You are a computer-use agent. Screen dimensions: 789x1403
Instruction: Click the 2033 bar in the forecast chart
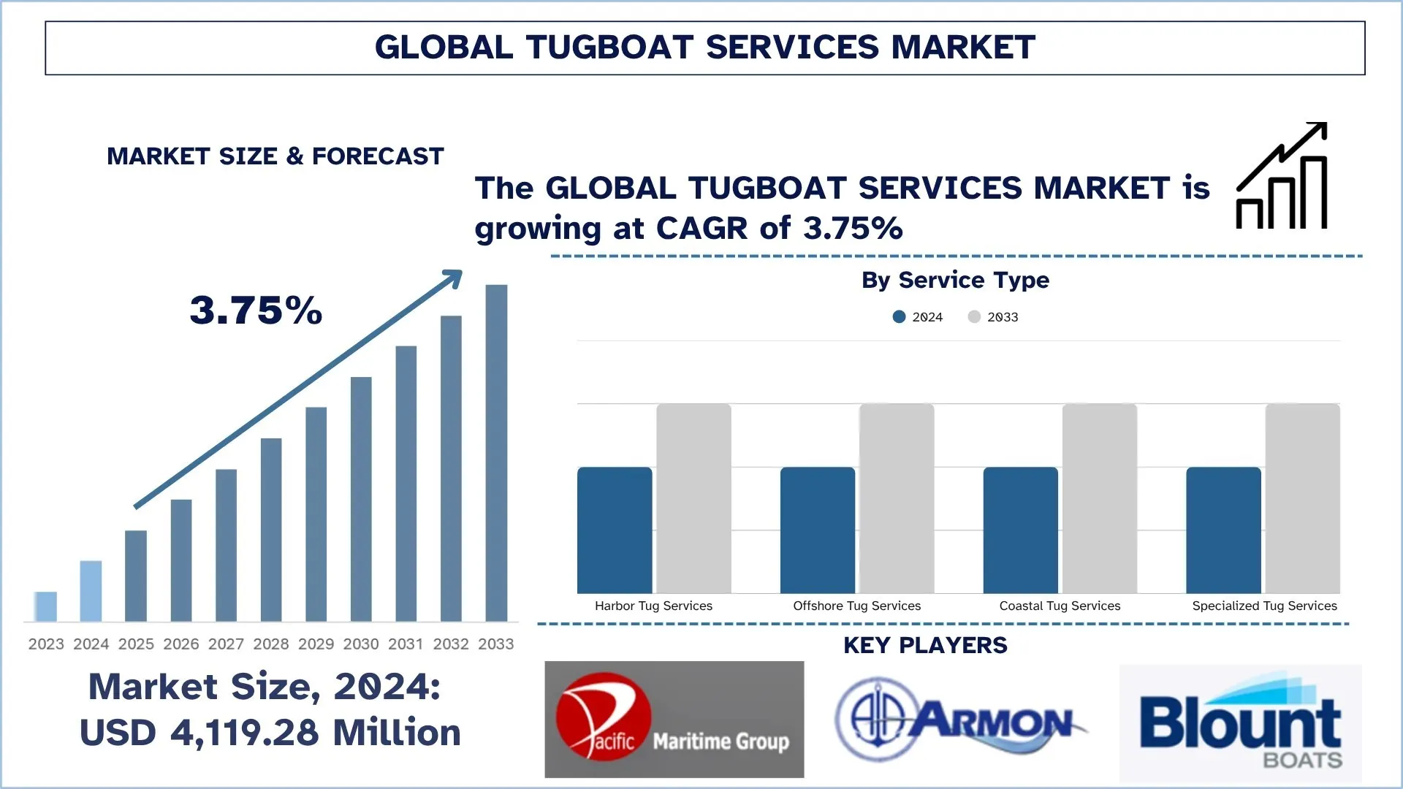click(x=496, y=453)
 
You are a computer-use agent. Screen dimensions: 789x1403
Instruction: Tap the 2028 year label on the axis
click(x=271, y=644)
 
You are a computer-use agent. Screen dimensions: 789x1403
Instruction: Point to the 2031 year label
click(x=406, y=644)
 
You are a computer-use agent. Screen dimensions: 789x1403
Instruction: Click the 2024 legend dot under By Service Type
click(x=900, y=316)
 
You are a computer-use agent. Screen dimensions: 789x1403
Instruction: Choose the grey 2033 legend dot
click(x=974, y=316)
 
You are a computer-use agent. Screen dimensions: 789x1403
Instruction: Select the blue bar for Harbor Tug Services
click(x=615, y=530)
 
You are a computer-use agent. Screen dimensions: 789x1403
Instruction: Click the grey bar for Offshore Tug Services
click(x=897, y=498)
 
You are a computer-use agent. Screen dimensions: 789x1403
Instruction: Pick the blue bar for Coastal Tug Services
click(x=1020, y=530)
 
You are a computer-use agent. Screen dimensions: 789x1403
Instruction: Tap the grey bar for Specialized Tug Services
click(x=1302, y=498)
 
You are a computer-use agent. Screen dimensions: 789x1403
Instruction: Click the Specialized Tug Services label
click(x=1264, y=606)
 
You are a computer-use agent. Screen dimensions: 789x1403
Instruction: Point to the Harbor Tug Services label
click(x=653, y=606)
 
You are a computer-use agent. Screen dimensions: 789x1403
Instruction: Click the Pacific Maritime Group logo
click(x=674, y=719)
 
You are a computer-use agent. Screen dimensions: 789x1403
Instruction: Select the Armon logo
click(x=960, y=719)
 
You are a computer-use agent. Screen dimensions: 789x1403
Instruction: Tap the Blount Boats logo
click(x=1241, y=723)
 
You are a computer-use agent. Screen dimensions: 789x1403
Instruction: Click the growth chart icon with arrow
click(x=1282, y=176)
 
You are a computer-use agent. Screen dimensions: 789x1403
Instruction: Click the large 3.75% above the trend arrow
click(x=256, y=310)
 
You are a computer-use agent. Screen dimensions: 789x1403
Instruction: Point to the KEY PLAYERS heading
click(x=925, y=645)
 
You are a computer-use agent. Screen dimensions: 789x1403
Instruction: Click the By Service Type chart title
click(x=955, y=280)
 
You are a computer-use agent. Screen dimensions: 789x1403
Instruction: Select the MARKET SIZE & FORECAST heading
click(x=275, y=156)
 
